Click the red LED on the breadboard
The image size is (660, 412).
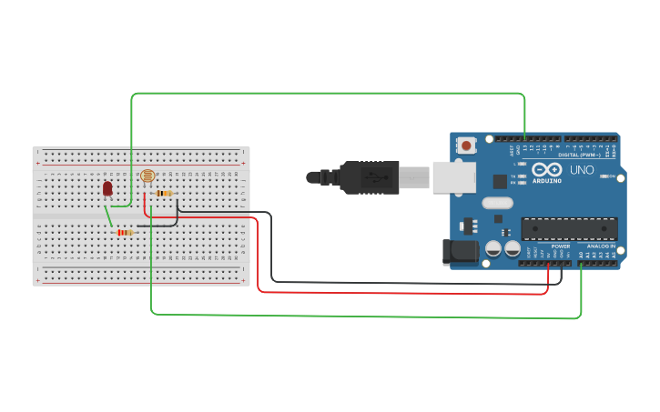tap(107, 188)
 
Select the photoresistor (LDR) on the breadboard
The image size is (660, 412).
tap(147, 176)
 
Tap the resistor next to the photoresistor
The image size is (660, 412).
tap(165, 193)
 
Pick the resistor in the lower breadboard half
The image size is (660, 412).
tap(125, 233)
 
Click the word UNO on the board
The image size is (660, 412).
tap(582, 170)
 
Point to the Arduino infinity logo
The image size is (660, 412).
tap(547, 170)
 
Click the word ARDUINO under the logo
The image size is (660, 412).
tap(547, 180)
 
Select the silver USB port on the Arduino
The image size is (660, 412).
tap(452, 177)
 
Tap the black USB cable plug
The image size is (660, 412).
tap(369, 177)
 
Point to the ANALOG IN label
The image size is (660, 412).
tap(600, 246)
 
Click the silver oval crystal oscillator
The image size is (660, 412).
tap(498, 203)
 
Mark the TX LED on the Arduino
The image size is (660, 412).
tap(522, 176)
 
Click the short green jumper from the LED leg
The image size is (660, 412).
tap(108, 216)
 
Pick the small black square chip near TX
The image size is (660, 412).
tap(499, 181)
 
